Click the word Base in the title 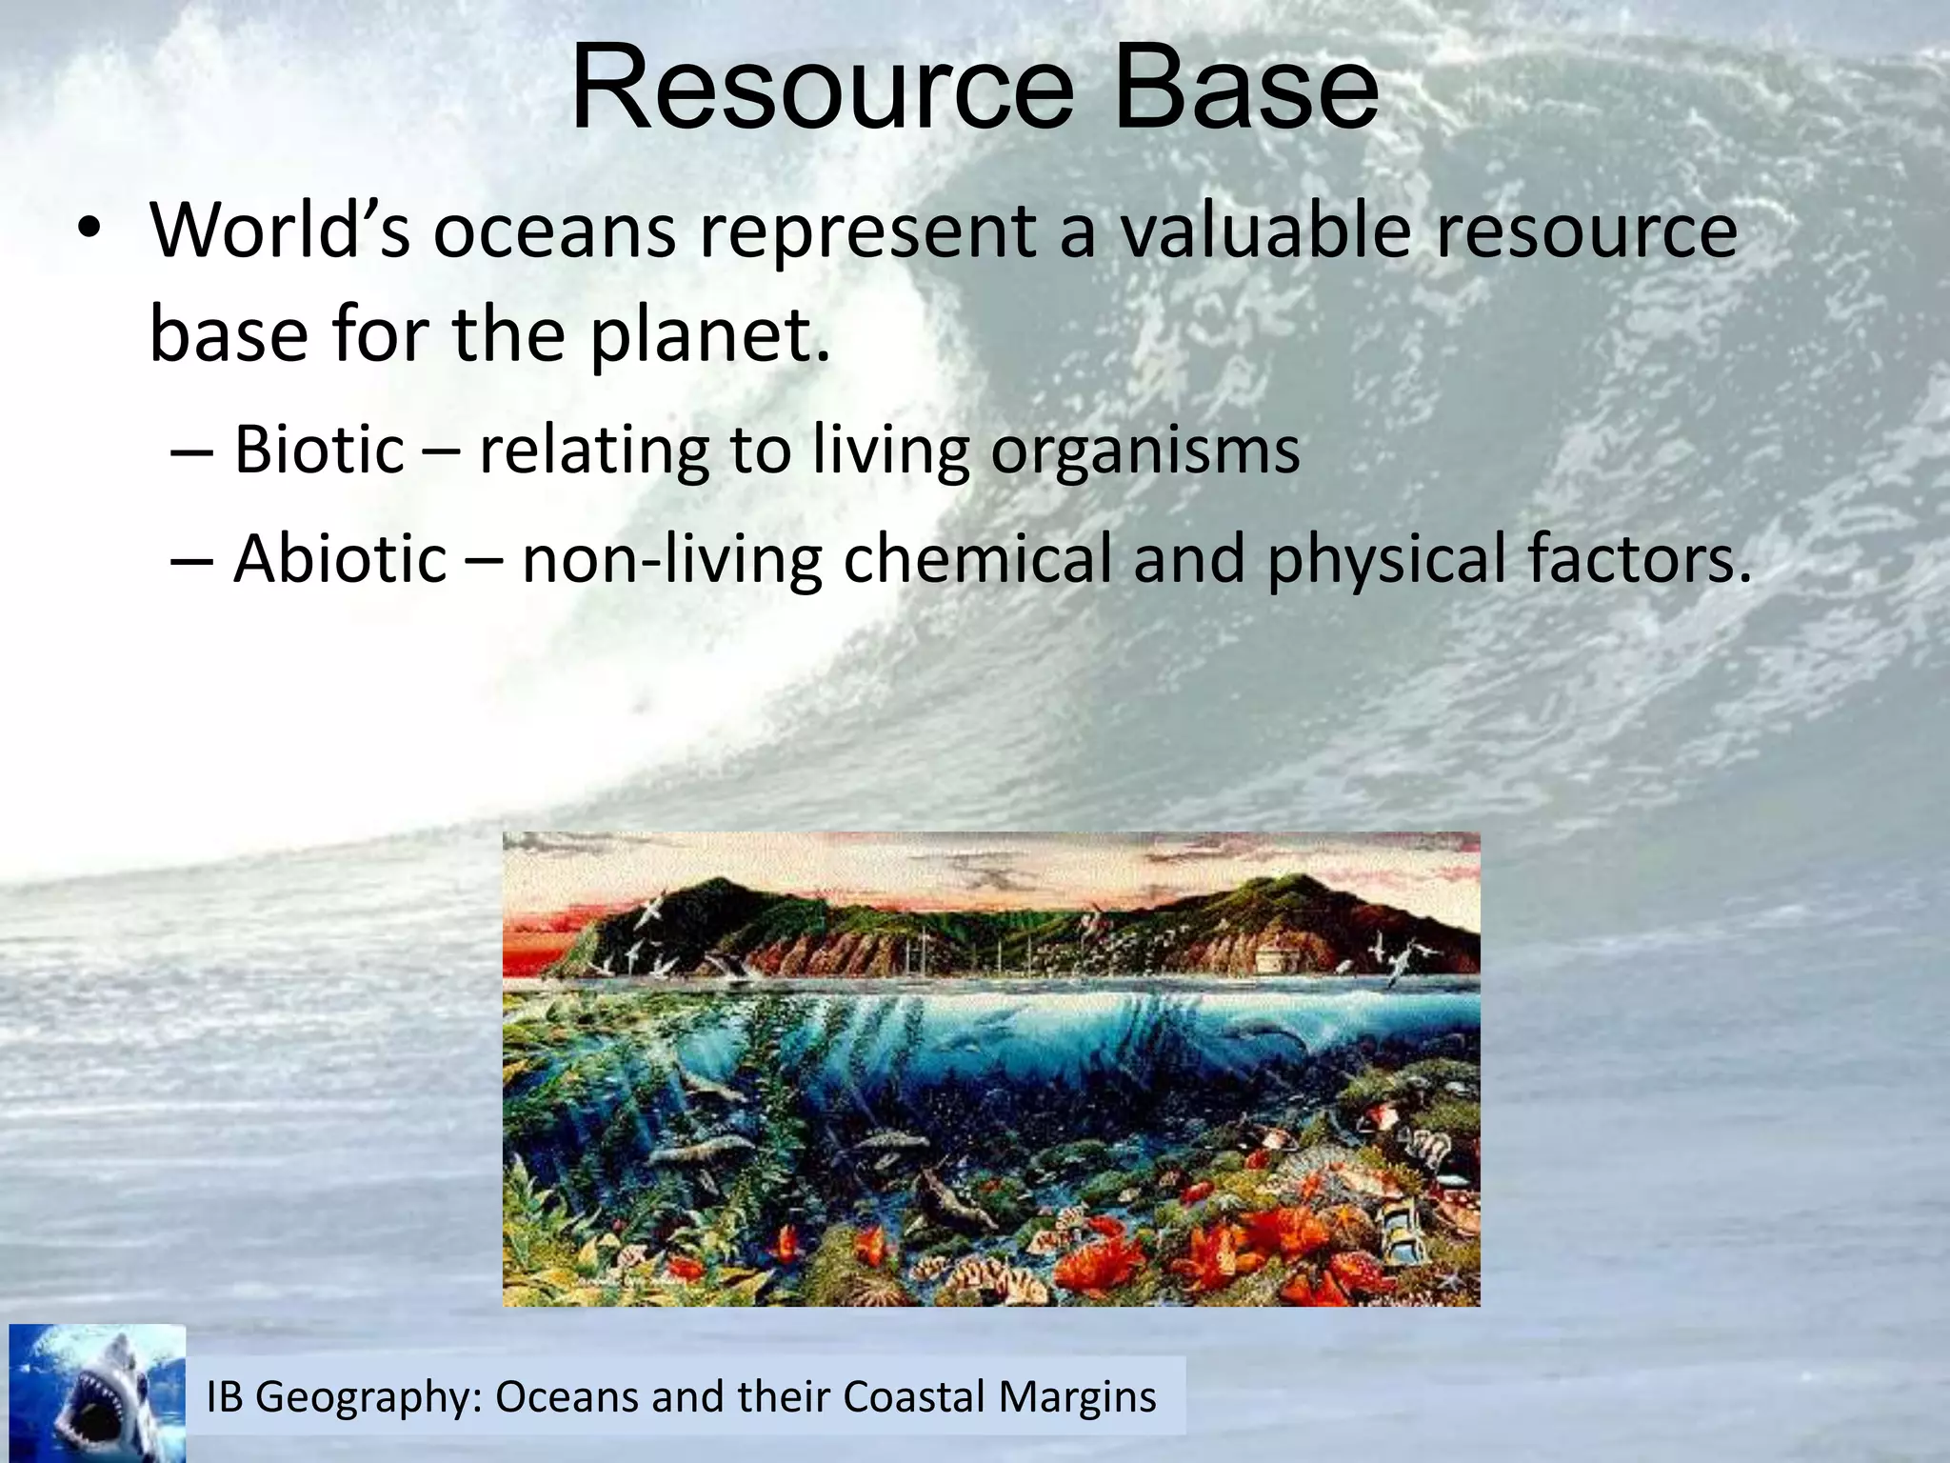[1245, 88]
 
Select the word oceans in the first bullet [554, 232]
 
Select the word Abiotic [340, 558]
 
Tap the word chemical [977, 558]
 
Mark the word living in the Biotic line [890, 451]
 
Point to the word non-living [671, 559]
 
